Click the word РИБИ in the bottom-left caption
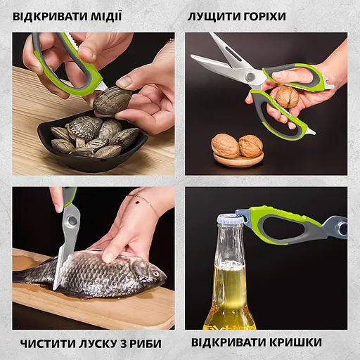coord(145,343)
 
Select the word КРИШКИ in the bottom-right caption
coord(293,343)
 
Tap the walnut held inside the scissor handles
coord(286,97)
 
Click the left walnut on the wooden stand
coord(226,146)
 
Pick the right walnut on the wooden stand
coord(250,145)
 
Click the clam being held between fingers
coord(112,101)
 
